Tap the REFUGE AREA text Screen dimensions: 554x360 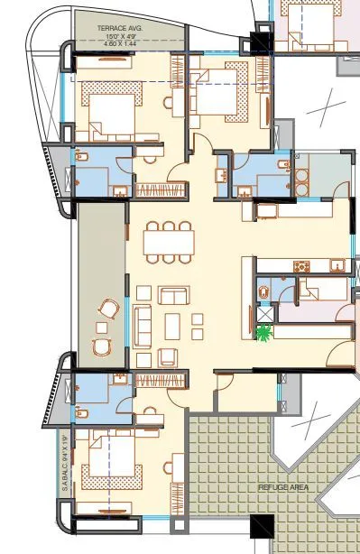click(x=283, y=486)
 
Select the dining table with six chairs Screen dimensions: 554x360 click(x=169, y=242)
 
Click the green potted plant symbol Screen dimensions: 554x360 click(x=264, y=334)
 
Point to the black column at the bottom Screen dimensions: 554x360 click(x=262, y=526)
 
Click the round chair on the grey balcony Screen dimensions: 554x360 click(x=109, y=309)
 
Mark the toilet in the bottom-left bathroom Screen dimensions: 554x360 click(x=82, y=413)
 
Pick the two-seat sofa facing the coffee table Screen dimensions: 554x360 click(x=173, y=295)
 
